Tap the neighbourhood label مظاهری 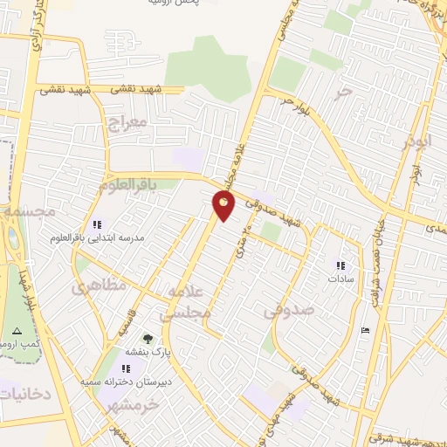(x=98, y=285)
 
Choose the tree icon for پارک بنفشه (x=147, y=338)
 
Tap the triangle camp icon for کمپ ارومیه (x=17, y=331)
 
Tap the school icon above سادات (x=340, y=265)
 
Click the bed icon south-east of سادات (x=365, y=329)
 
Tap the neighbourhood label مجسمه (x=28, y=212)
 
